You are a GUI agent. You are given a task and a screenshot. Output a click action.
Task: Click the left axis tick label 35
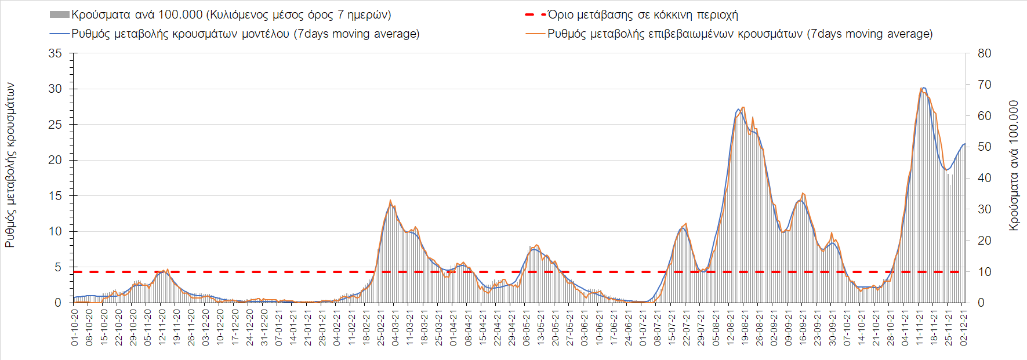pos(55,53)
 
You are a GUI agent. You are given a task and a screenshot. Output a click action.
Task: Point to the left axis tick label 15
pos(55,196)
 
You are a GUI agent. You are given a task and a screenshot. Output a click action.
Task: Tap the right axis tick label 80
pos(984,53)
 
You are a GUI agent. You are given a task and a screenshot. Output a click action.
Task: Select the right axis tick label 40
pos(984,178)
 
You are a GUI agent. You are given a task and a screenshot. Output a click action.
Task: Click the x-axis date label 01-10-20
pos(75,328)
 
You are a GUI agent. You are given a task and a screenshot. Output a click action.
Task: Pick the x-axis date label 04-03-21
pos(395,328)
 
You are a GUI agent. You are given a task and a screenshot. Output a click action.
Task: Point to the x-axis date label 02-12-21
pos(964,328)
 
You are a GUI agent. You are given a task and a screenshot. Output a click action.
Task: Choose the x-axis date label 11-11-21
pos(920,328)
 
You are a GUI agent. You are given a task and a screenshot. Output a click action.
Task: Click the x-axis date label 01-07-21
pos(643,328)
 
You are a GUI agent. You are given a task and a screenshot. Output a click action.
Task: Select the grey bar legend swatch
pos(60,14)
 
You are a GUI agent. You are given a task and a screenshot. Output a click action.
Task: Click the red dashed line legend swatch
pos(535,14)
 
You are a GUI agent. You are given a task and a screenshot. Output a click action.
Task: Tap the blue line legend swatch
pos(60,34)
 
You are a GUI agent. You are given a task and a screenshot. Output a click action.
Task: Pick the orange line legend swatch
pos(535,34)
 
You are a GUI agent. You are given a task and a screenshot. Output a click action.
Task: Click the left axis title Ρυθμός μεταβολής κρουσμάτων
pos(10,165)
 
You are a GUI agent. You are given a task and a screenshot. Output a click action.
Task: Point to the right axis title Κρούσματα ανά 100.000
pos(1014,166)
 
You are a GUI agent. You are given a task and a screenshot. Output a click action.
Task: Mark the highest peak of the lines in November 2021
pos(923,88)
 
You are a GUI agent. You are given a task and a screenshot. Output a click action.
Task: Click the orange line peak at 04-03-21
pos(390,201)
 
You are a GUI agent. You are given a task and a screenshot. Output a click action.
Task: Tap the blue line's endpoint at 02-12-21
pos(965,144)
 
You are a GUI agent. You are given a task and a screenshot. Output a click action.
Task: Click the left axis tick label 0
pos(58,303)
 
